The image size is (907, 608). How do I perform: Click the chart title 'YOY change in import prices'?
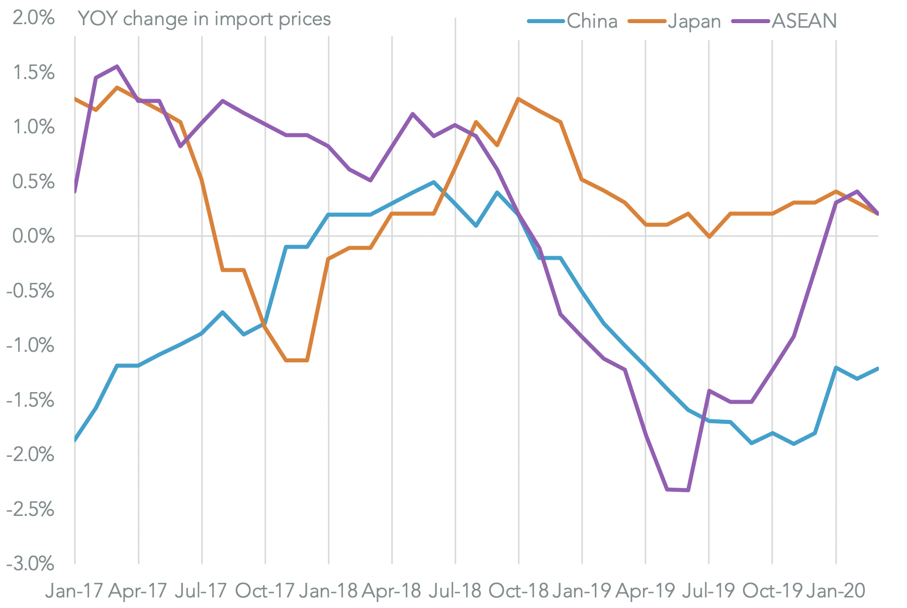click(x=204, y=19)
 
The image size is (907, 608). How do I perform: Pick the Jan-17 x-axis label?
click(x=74, y=590)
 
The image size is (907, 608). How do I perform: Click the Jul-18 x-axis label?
click(x=455, y=590)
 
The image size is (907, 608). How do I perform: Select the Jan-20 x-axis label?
click(x=835, y=590)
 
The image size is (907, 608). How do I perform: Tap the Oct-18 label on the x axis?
click(x=518, y=590)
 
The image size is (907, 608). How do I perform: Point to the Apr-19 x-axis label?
click(x=645, y=590)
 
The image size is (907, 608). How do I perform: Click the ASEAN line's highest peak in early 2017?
click(x=117, y=66)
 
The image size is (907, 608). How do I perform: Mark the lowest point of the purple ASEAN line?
click(x=688, y=490)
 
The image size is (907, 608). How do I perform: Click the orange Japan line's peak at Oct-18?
click(x=518, y=99)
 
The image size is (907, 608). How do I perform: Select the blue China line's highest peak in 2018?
click(x=433, y=182)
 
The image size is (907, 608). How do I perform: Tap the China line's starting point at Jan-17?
click(x=75, y=440)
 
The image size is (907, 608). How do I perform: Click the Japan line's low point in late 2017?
click(x=297, y=360)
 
